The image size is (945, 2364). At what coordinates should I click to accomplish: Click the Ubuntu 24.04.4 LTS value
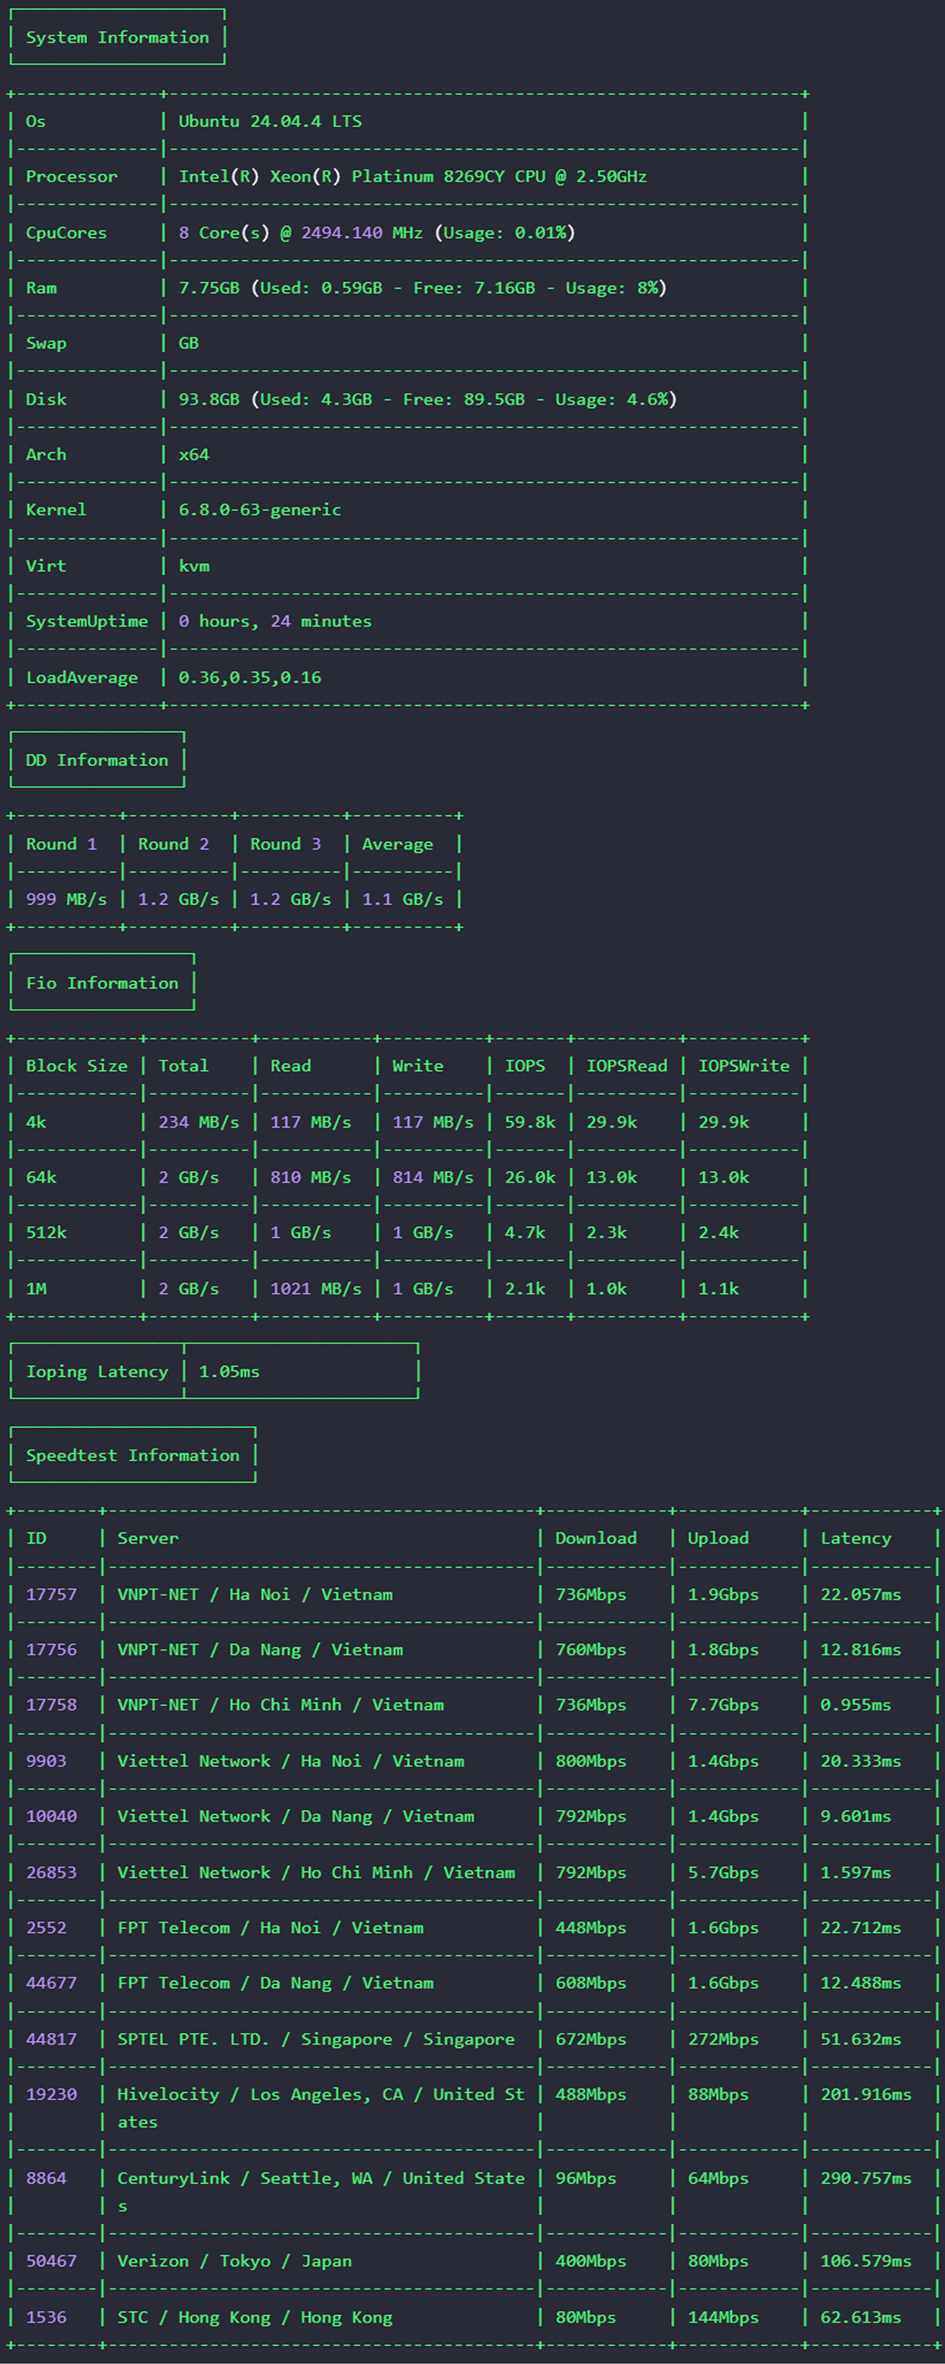[x=269, y=121]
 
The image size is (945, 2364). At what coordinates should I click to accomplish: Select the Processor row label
[x=72, y=176]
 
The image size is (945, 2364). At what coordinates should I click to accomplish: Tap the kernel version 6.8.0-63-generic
[x=260, y=509]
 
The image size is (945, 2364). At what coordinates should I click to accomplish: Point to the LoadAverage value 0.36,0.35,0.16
[x=250, y=677]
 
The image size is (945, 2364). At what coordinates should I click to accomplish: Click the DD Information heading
[x=97, y=760]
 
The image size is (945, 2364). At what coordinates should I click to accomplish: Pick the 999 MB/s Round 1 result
[x=66, y=899]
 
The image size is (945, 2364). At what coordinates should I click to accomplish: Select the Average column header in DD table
[x=397, y=844]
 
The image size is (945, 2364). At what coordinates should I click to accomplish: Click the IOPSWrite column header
[x=744, y=1065]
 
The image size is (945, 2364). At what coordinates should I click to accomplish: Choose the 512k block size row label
[x=46, y=1233]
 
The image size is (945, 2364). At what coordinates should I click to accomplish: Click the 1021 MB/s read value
[x=316, y=1288]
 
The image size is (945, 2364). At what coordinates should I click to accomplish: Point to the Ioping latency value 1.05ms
[x=229, y=1371]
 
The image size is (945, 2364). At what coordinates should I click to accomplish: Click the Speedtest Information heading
[x=133, y=1456]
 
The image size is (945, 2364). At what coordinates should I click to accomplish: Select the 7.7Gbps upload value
[x=724, y=1705]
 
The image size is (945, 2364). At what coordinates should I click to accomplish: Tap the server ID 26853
[x=51, y=1872]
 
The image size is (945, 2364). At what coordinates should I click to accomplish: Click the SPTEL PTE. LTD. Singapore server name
[x=316, y=2039]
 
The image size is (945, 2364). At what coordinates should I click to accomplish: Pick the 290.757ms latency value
[x=866, y=2178]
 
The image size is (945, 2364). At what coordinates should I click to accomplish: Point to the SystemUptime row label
[x=87, y=621]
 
